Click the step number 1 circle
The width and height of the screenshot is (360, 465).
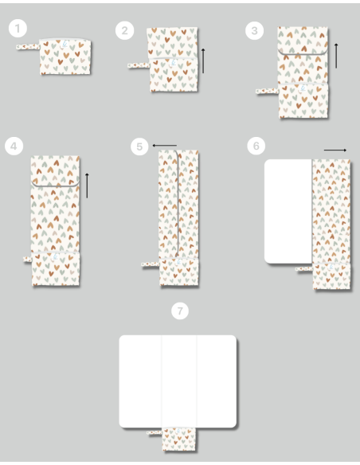point(18,29)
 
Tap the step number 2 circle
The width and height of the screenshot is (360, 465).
point(124,30)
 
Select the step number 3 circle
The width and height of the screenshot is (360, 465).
point(254,30)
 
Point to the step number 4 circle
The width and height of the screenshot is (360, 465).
point(14,146)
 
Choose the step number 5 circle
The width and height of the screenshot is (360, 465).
point(139,147)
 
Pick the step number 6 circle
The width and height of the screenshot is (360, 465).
point(256,146)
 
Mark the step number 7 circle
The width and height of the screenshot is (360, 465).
point(180,311)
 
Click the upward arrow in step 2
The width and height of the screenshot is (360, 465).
point(203,61)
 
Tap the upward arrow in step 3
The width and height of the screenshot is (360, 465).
point(336,56)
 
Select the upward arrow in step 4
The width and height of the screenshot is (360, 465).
point(87,186)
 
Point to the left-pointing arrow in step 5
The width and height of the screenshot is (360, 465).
point(165,145)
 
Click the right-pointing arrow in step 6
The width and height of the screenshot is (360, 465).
point(335,150)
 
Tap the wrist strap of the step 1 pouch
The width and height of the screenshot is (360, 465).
point(28,47)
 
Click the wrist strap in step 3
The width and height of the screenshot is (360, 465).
point(267,92)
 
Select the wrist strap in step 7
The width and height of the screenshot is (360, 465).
point(155,432)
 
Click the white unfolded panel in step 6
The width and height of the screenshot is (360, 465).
point(288,211)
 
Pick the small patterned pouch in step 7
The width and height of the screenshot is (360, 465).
point(179,440)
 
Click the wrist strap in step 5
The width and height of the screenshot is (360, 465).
point(151,264)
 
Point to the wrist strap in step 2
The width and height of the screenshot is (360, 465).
point(139,65)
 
